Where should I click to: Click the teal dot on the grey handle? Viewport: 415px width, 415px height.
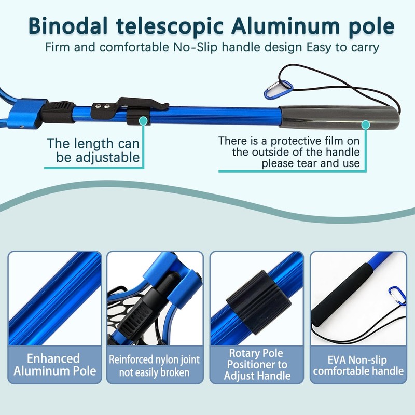coord(365,125)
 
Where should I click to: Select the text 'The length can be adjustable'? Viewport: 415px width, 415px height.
coord(93,150)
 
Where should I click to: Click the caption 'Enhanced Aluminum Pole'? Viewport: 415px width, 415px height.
coord(54,364)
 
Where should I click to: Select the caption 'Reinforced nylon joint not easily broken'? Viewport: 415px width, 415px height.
coord(155,366)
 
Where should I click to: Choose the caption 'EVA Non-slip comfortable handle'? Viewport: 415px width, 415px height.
coord(358,365)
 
